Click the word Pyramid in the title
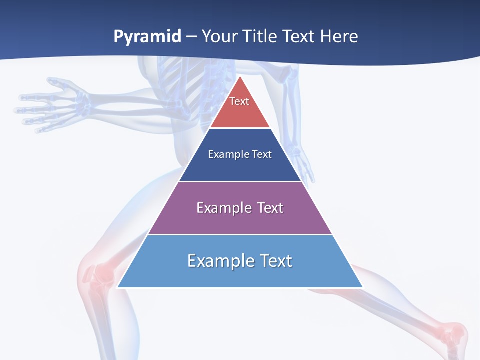click(x=147, y=37)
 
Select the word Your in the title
click(x=220, y=37)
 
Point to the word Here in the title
click(x=339, y=37)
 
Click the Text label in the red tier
click(x=239, y=101)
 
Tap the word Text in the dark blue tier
click(x=262, y=154)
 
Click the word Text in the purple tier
click(x=270, y=208)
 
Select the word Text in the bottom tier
click(x=276, y=261)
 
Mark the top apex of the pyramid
click(x=240, y=76)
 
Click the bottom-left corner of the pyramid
click(x=118, y=287)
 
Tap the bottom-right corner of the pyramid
click(x=362, y=287)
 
